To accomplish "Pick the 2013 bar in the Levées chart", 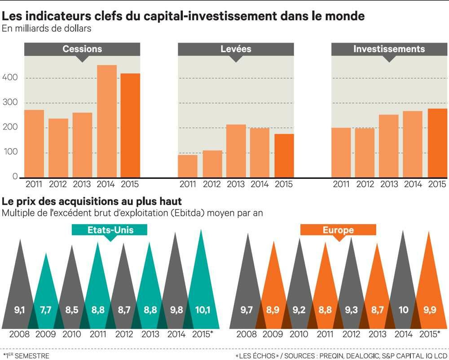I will coord(236,150).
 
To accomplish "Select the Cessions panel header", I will coord(82,49).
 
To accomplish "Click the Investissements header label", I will coord(389,49).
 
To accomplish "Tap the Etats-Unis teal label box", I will coord(110,231).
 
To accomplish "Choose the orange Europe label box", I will coord(338,231).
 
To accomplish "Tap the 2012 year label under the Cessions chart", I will coord(58,184).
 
